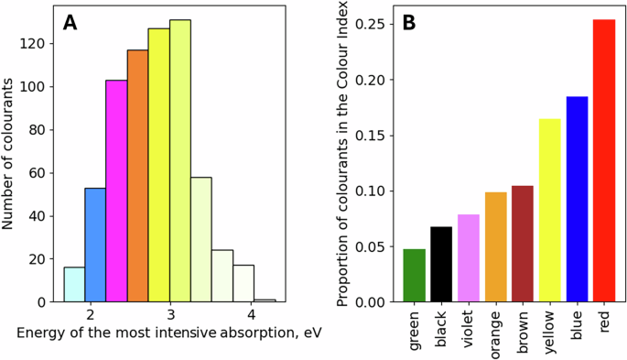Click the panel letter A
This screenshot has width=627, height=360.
click(70, 23)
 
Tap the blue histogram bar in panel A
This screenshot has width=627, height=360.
click(95, 245)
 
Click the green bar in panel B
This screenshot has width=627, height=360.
click(415, 275)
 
